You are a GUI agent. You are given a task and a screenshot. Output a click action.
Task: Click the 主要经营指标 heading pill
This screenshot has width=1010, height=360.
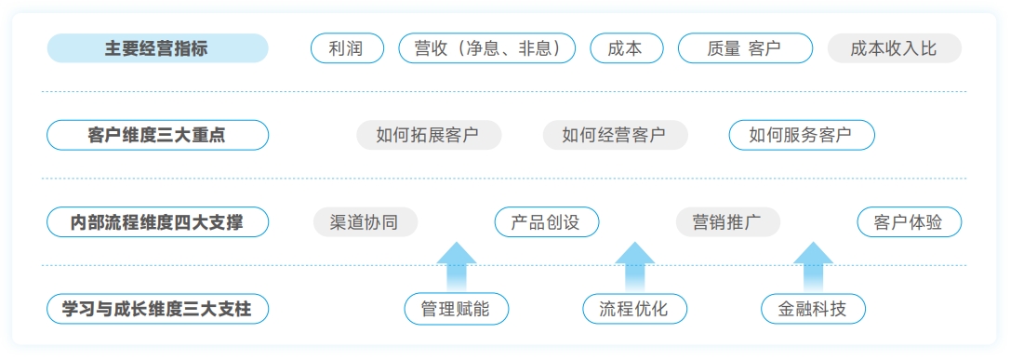click(x=157, y=48)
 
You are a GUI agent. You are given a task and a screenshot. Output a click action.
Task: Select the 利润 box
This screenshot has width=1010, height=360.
click(x=347, y=48)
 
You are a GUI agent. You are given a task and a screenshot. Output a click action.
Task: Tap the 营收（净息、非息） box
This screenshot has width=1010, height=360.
click(x=486, y=48)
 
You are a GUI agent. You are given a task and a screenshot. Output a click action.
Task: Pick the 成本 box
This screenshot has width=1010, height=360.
click(x=627, y=48)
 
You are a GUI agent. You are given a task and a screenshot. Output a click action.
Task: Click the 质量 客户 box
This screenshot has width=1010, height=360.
click(x=745, y=48)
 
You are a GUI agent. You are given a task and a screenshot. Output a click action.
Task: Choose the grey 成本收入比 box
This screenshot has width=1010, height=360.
click(x=894, y=48)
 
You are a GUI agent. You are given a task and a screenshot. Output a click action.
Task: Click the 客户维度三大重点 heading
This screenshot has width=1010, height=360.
click(x=157, y=135)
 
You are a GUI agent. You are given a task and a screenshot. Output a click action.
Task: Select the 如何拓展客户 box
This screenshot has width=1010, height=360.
click(x=429, y=135)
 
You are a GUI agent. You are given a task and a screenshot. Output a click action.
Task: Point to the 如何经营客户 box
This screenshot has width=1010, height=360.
click(x=615, y=135)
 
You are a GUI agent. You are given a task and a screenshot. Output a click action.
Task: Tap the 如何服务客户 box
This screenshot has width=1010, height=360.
click(x=802, y=135)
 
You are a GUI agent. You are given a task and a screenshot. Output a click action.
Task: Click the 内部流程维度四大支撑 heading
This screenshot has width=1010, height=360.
click(x=157, y=222)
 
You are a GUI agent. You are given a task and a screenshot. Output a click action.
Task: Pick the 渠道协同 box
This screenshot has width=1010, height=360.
click(x=365, y=222)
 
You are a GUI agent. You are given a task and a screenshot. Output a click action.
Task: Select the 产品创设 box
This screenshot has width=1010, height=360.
click(x=547, y=222)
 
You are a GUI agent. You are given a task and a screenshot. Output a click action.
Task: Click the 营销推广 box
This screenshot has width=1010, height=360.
click(x=727, y=222)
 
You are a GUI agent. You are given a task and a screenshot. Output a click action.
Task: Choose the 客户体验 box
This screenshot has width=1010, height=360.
click(x=909, y=222)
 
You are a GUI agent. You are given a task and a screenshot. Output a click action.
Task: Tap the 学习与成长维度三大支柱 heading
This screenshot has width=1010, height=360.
click(x=157, y=309)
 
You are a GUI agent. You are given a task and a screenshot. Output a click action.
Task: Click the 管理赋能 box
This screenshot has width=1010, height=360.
click(x=457, y=309)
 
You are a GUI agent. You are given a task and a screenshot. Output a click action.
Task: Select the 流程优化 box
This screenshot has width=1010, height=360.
click(x=635, y=309)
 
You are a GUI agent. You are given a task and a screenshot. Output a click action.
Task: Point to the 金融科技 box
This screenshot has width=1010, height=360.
click(x=813, y=309)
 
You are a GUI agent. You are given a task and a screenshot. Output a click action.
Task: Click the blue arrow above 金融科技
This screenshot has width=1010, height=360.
click(x=813, y=267)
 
